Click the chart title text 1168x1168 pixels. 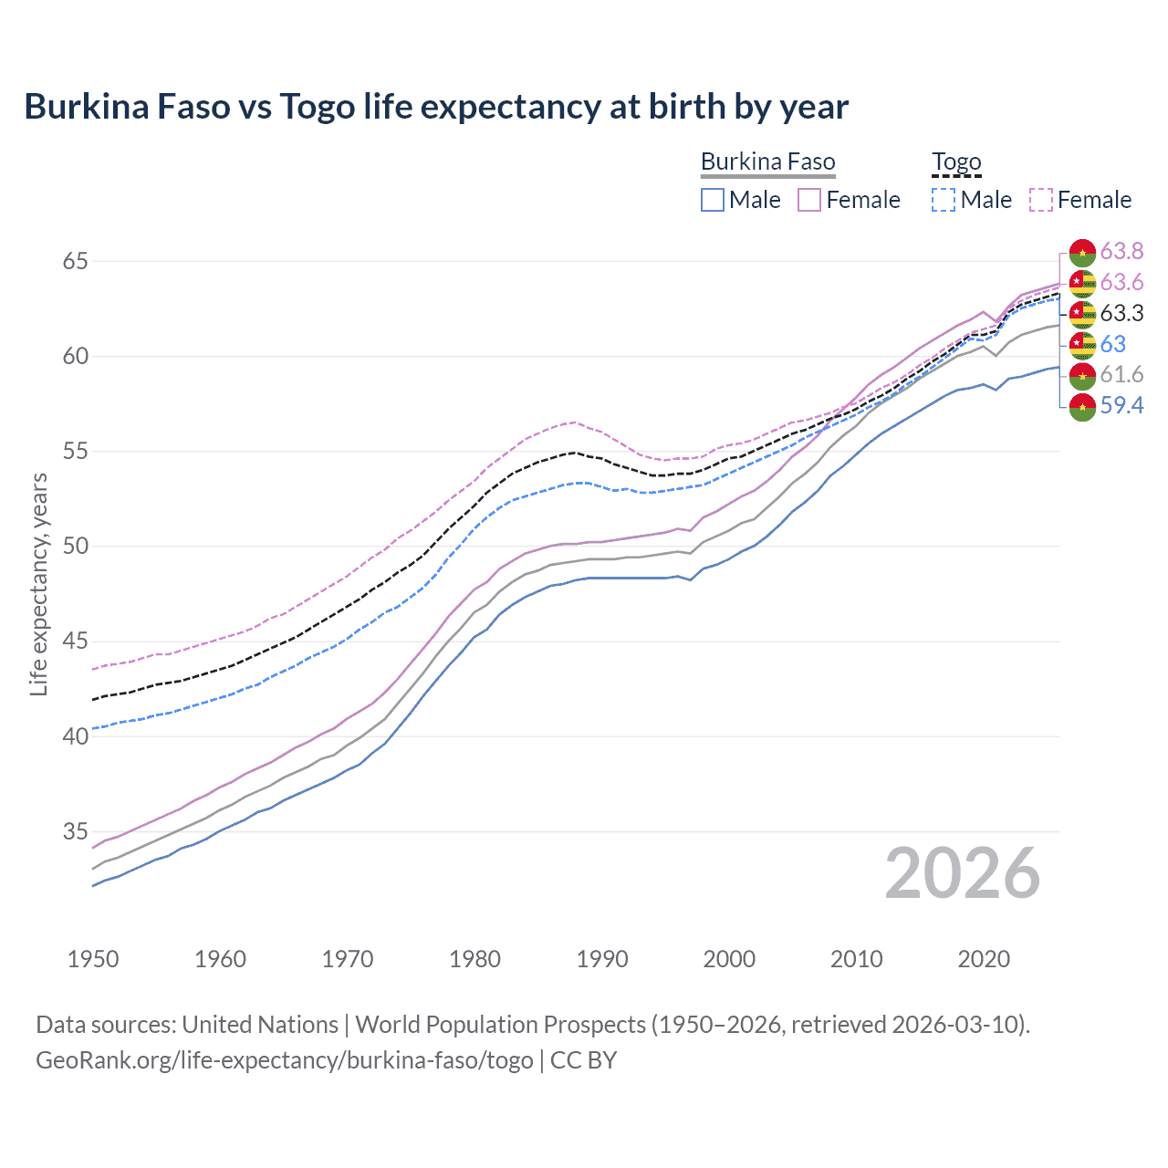[x=436, y=107]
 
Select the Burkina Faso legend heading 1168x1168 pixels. [x=767, y=162]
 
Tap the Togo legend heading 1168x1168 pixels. [x=956, y=162]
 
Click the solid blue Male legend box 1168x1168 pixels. [x=713, y=200]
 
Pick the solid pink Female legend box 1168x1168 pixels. [x=809, y=200]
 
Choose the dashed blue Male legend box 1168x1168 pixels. [x=944, y=200]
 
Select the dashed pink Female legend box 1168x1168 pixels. [x=1041, y=200]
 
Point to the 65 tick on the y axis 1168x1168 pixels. [x=75, y=262]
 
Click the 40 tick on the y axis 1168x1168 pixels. [x=75, y=736]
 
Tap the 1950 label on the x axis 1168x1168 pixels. [x=93, y=959]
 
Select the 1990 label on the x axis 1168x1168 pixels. [x=602, y=959]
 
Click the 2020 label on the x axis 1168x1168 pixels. [x=984, y=959]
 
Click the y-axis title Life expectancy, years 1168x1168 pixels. [x=38, y=584]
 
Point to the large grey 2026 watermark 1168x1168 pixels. [x=962, y=874]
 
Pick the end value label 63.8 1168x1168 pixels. [x=1121, y=252]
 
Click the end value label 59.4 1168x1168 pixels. [x=1121, y=405]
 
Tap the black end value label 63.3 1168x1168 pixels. [x=1121, y=314]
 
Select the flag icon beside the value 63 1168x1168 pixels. [x=1082, y=345]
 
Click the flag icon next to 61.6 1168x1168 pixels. [x=1082, y=375]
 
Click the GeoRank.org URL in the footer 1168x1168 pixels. [x=284, y=1060]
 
